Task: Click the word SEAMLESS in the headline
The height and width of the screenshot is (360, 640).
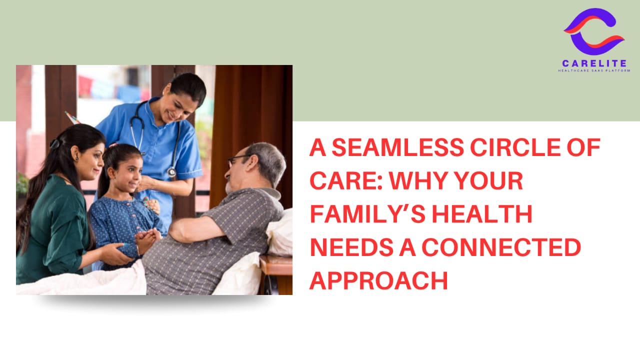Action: coord(397,147)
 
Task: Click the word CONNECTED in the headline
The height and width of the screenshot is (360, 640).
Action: coord(501,247)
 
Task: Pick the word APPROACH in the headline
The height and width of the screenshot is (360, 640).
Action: coord(379,281)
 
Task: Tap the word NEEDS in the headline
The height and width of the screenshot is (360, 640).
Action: coord(352,247)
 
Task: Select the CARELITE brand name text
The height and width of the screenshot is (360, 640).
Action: coord(594,63)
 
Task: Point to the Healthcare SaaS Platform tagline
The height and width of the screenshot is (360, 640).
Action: coord(594,70)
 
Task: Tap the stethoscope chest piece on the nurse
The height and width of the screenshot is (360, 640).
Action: coord(171,172)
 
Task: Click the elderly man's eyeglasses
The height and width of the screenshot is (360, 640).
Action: coord(237,160)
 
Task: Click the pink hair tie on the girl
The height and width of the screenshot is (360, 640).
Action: coord(112,145)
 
